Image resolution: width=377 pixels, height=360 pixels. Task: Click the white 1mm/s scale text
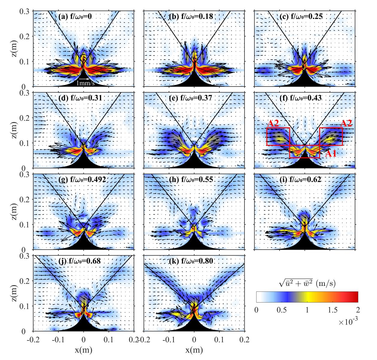coord(85,83)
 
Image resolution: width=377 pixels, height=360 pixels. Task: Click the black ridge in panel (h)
coord(194,244)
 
